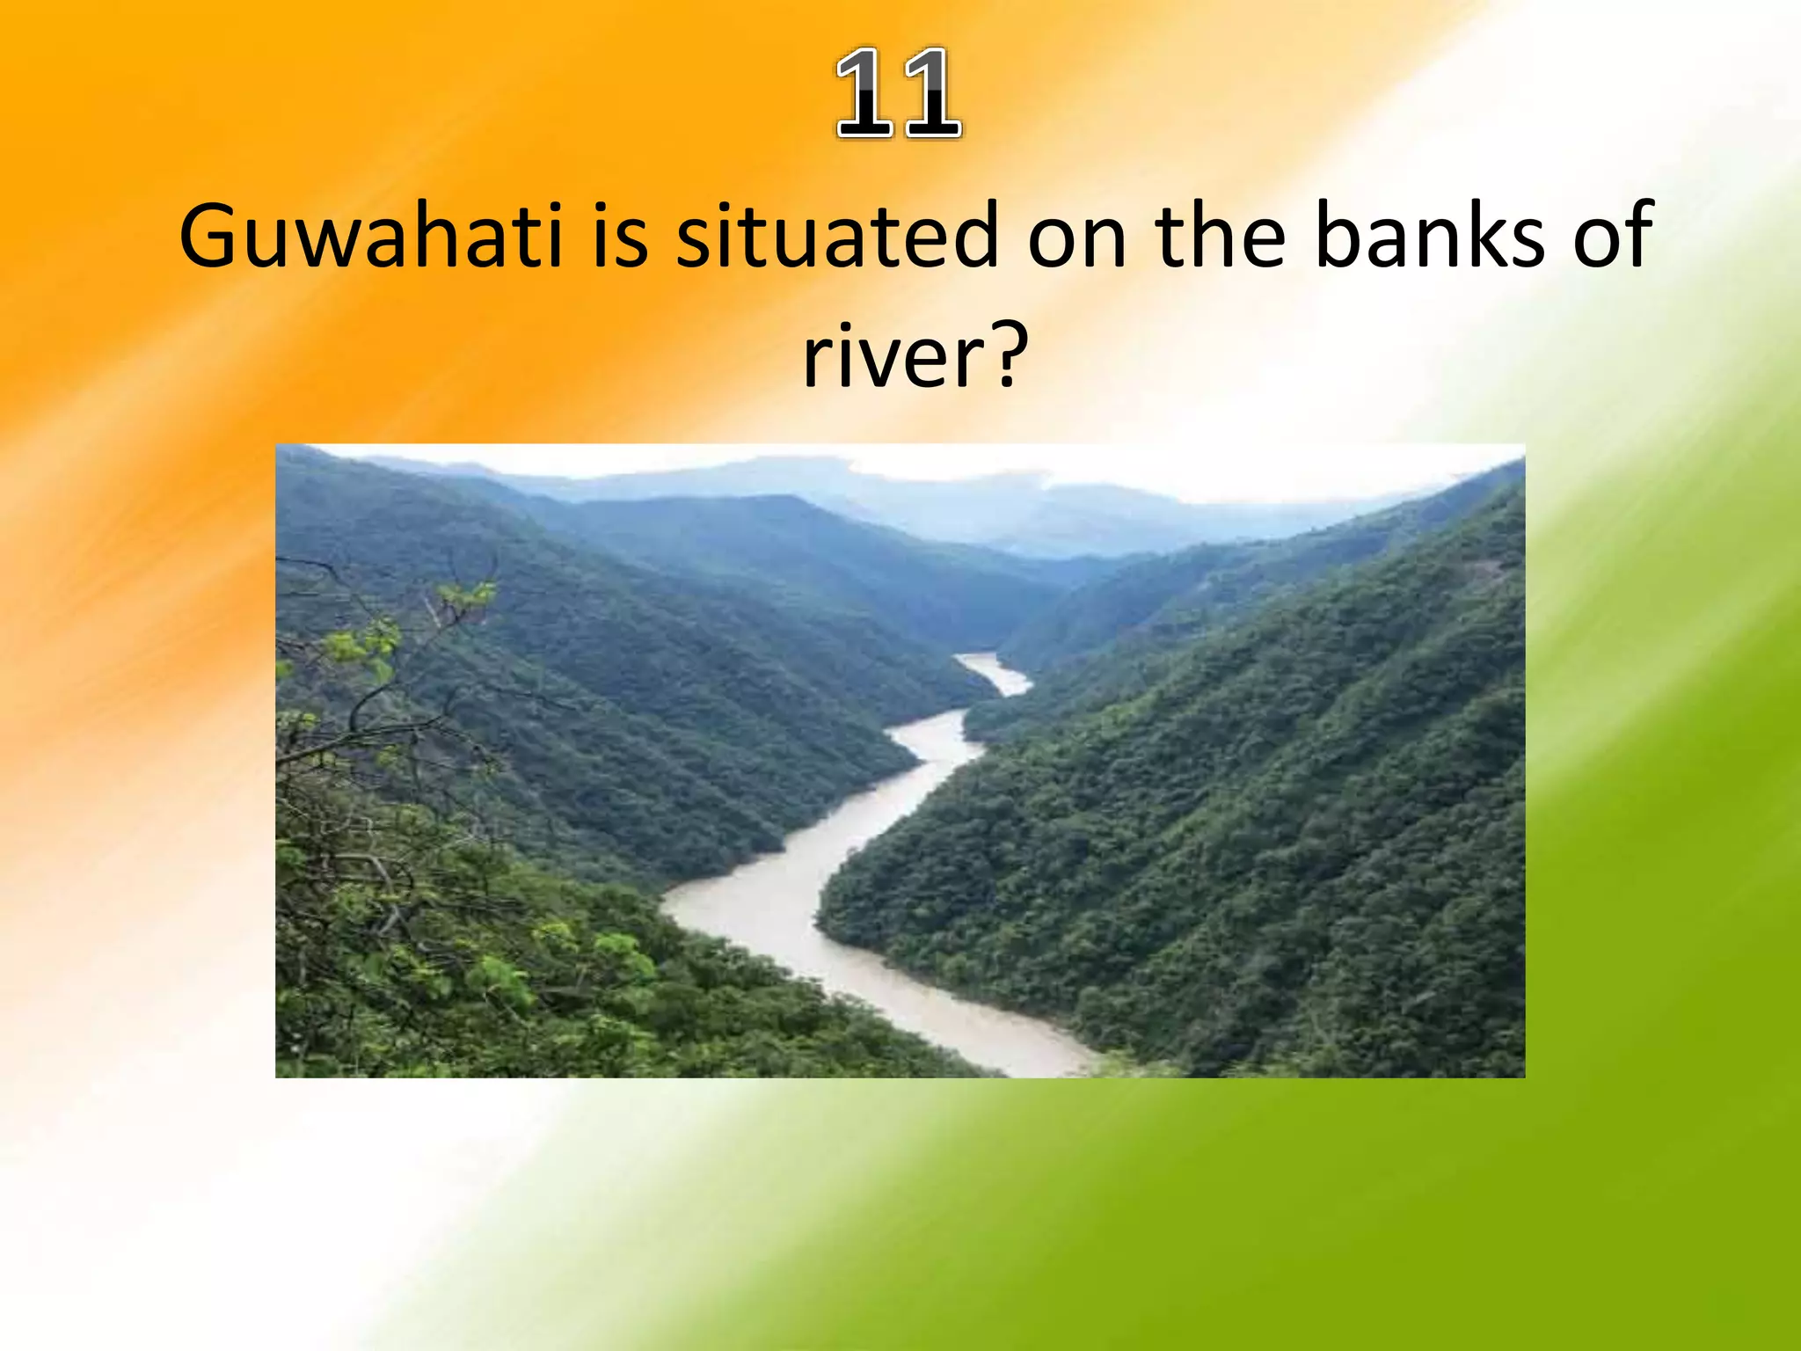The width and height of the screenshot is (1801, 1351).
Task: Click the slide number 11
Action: click(x=899, y=93)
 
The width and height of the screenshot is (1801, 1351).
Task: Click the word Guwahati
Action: click(x=370, y=236)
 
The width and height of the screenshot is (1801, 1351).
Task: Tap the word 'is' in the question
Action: click(x=620, y=236)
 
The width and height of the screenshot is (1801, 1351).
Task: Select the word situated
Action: click(x=836, y=236)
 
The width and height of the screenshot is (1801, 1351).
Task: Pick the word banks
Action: click(x=1429, y=236)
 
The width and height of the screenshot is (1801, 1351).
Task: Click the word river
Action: click(x=888, y=356)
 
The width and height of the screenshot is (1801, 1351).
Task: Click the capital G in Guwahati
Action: click(x=210, y=236)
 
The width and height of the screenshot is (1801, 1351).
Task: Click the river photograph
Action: click(x=900, y=761)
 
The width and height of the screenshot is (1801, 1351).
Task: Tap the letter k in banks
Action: click(x=1491, y=236)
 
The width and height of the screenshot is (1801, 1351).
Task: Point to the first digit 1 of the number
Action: click(x=865, y=93)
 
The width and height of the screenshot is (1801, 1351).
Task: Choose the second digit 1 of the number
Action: click(x=931, y=93)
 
